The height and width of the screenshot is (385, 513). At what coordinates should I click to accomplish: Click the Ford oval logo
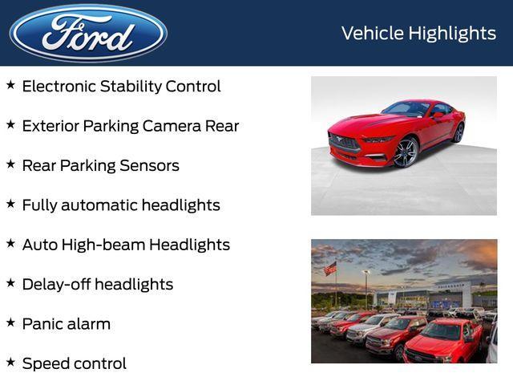point(88,33)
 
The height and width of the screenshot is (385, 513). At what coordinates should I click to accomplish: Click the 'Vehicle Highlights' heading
point(418,33)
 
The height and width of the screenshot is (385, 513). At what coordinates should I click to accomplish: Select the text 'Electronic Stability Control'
point(121,87)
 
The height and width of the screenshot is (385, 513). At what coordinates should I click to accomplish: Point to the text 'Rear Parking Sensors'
point(100,166)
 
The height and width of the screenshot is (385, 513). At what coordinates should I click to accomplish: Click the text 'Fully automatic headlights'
point(120,205)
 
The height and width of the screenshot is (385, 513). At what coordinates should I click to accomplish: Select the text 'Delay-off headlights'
point(97,285)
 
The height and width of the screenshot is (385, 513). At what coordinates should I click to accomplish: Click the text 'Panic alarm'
point(66,324)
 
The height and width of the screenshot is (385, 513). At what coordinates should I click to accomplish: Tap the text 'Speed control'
point(74,363)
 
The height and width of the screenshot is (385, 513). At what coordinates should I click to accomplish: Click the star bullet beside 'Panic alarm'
point(10,322)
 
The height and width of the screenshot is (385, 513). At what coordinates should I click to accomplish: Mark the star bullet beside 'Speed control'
point(10,361)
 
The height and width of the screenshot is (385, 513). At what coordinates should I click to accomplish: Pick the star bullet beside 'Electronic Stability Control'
point(10,84)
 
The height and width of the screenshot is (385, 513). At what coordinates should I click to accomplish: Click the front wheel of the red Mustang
point(406,152)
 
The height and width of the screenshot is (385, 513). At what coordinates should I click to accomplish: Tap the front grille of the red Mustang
point(344,146)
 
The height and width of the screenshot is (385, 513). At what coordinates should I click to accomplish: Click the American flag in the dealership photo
point(330,269)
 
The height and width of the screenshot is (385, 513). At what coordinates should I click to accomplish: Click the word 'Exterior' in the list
point(52,126)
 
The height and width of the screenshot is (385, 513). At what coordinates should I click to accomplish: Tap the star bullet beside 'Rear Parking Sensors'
point(10,164)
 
